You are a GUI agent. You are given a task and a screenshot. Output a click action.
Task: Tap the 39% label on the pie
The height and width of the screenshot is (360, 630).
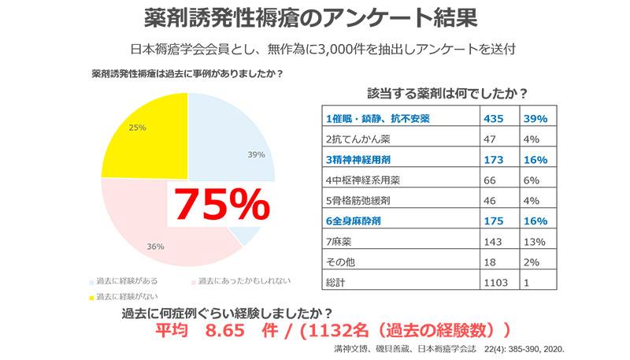[x=256, y=154]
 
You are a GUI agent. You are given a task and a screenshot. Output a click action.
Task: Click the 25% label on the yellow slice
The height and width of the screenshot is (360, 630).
[x=137, y=126]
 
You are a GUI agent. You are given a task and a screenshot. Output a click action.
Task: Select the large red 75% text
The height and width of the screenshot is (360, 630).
[x=221, y=206]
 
